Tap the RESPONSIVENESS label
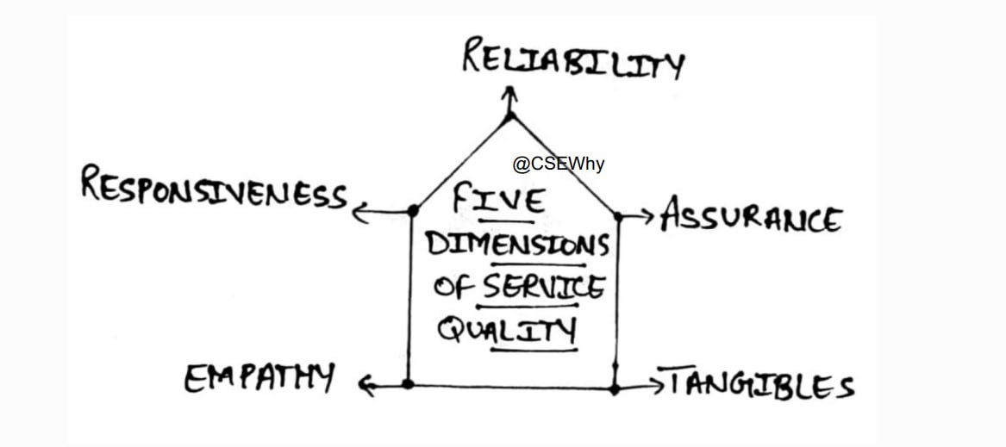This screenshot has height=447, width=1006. coord(214,188)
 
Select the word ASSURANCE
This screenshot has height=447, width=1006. coord(750,217)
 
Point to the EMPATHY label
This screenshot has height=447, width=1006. coord(259,377)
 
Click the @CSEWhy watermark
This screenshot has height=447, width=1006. coord(559,164)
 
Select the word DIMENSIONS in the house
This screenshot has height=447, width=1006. coord(517,245)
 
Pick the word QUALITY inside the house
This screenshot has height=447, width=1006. coord(507,329)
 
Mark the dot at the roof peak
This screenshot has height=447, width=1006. coord(510,115)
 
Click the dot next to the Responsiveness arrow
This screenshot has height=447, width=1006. coord(413,210)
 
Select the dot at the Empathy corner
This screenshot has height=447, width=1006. coord(408,384)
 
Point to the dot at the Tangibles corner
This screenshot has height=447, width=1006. coord(615,389)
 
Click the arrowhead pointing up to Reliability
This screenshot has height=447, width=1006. coord(510,91)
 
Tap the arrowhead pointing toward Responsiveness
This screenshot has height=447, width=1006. coord(359,212)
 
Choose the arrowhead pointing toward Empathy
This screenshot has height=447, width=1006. coord(366,387)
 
